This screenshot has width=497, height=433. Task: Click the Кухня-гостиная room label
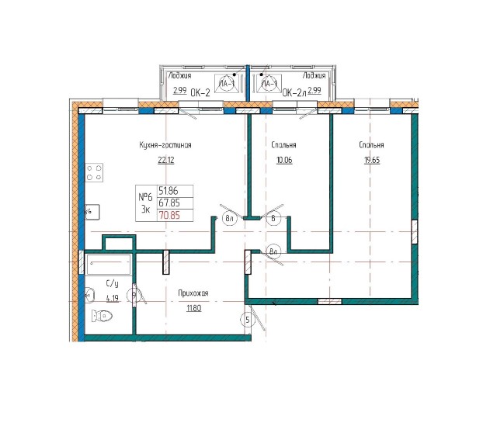click(x=165, y=145)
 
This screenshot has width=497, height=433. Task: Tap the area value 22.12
click(x=166, y=161)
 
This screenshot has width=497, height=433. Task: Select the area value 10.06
click(x=283, y=161)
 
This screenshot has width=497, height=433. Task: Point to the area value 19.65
click(x=372, y=161)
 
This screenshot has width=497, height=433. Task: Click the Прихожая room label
click(x=193, y=293)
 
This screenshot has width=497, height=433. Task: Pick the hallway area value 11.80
click(x=193, y=308)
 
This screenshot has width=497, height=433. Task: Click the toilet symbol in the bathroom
click(x=102, y=317)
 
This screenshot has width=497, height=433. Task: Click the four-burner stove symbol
click(x=95, y=173)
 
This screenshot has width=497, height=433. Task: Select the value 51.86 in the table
click(x=168, y=189)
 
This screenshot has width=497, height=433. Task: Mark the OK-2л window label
click(x=294, y=92)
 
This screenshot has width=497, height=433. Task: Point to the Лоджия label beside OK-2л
click(x=314, y=76)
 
